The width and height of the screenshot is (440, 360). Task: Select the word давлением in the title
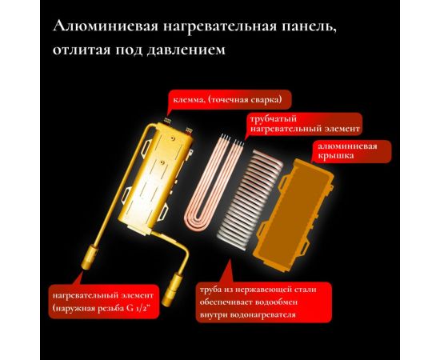pos(186,50)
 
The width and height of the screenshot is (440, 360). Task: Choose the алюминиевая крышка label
pos(350,153)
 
